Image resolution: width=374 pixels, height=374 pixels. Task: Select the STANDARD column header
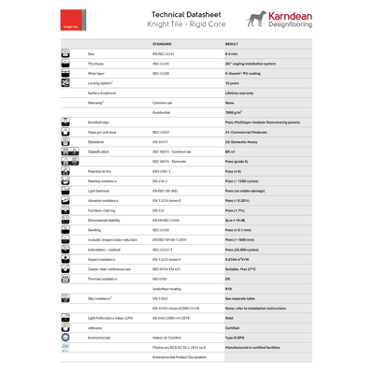(161, 44)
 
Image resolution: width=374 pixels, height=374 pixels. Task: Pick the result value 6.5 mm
(233, 52)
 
